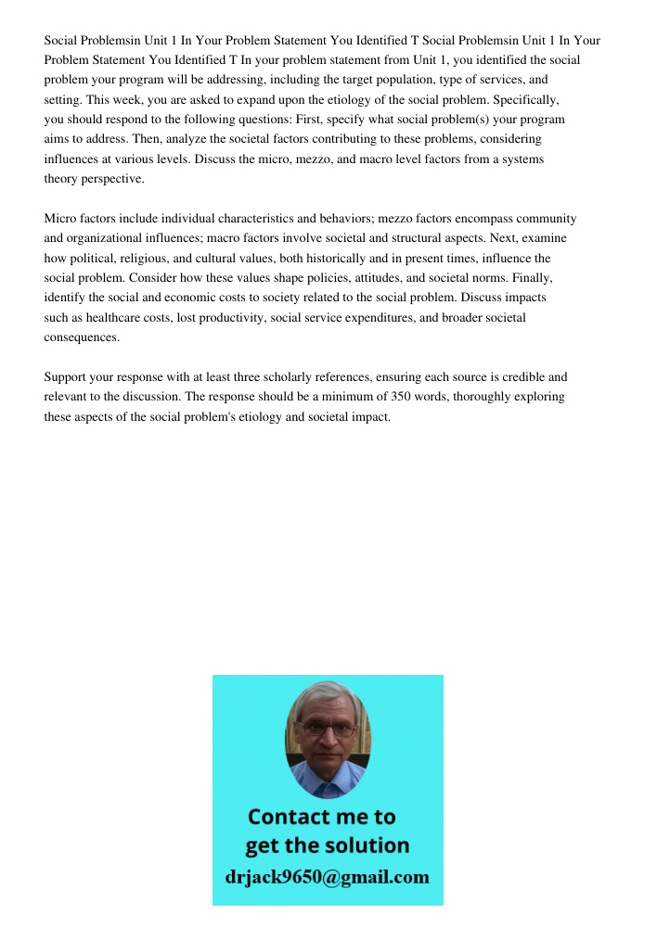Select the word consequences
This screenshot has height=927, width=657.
(83, 337)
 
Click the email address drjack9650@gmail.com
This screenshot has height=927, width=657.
(328, 876)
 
